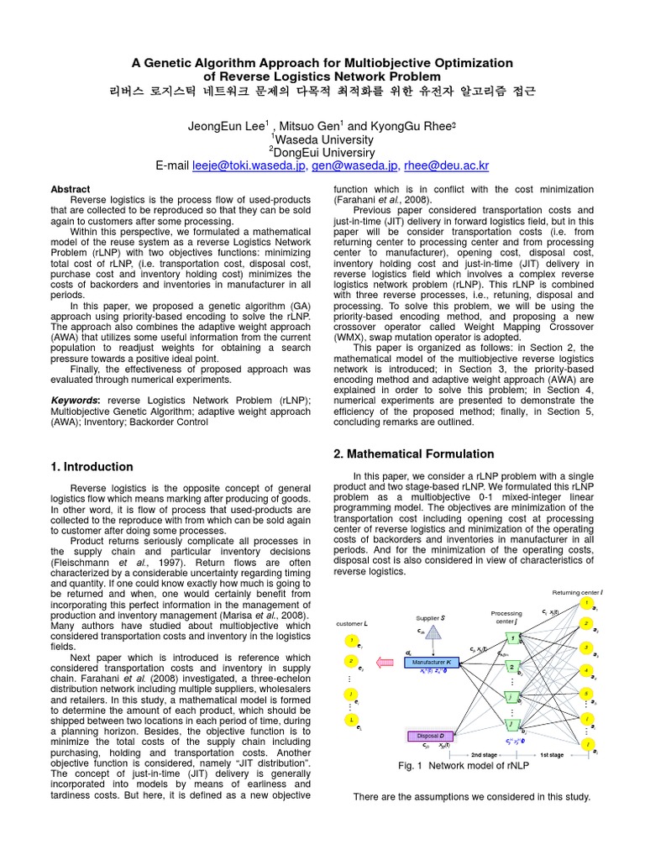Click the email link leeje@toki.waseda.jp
pyautogui.click(x=249, y=166)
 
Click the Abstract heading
pyautogui.click(x=70, y=190)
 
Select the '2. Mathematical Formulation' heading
pyautogui.click(x=414, y=454)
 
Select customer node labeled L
pyautogui.click(x=350, y=720)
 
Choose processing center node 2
pyautogui.click(x=511, y=666)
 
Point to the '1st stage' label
pyautogui.click(x=551, y=754)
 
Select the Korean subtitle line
pyautogui.click(x=322, y=90)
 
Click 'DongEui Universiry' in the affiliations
pyautogui.click(x=322, y=152)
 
